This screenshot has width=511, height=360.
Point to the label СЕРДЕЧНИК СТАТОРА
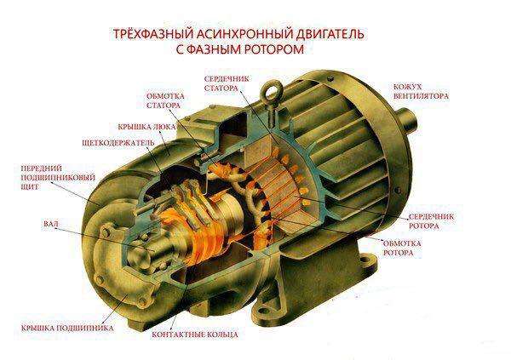pyautogui.click(x=225, y=84)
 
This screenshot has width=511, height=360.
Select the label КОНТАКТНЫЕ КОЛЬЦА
pyautogui.click(x=193, y=334)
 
